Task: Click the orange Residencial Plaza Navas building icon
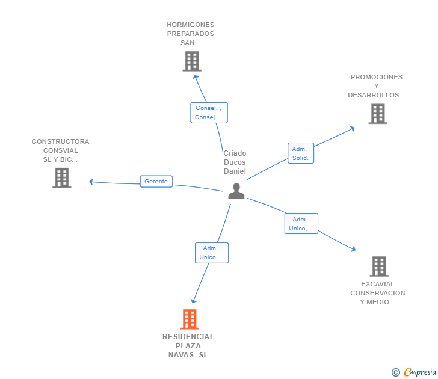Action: point(190,319)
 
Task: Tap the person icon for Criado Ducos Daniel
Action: point(236,191)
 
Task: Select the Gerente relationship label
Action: point(156,182)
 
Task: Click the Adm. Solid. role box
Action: point(301,153)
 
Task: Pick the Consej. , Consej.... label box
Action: point(209,113)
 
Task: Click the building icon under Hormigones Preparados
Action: point(192,61)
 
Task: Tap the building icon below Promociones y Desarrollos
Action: point(378,114)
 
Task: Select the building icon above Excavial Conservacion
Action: point(379,267)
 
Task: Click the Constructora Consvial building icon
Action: point(62,178)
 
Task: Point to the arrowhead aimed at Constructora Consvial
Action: point(91,182)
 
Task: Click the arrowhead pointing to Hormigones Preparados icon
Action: point(196,76)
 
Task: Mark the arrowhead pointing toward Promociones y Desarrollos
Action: point(353,129)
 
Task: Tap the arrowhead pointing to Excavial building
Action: point(354,249)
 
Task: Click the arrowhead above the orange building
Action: point(193,301)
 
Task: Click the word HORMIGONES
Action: point(191,25)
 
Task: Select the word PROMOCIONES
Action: point(377,77)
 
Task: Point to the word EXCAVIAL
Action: point(378,284)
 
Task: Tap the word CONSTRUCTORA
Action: point(61,141)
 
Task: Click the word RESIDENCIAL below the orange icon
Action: point(188,337)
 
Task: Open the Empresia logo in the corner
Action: point(414,372)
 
